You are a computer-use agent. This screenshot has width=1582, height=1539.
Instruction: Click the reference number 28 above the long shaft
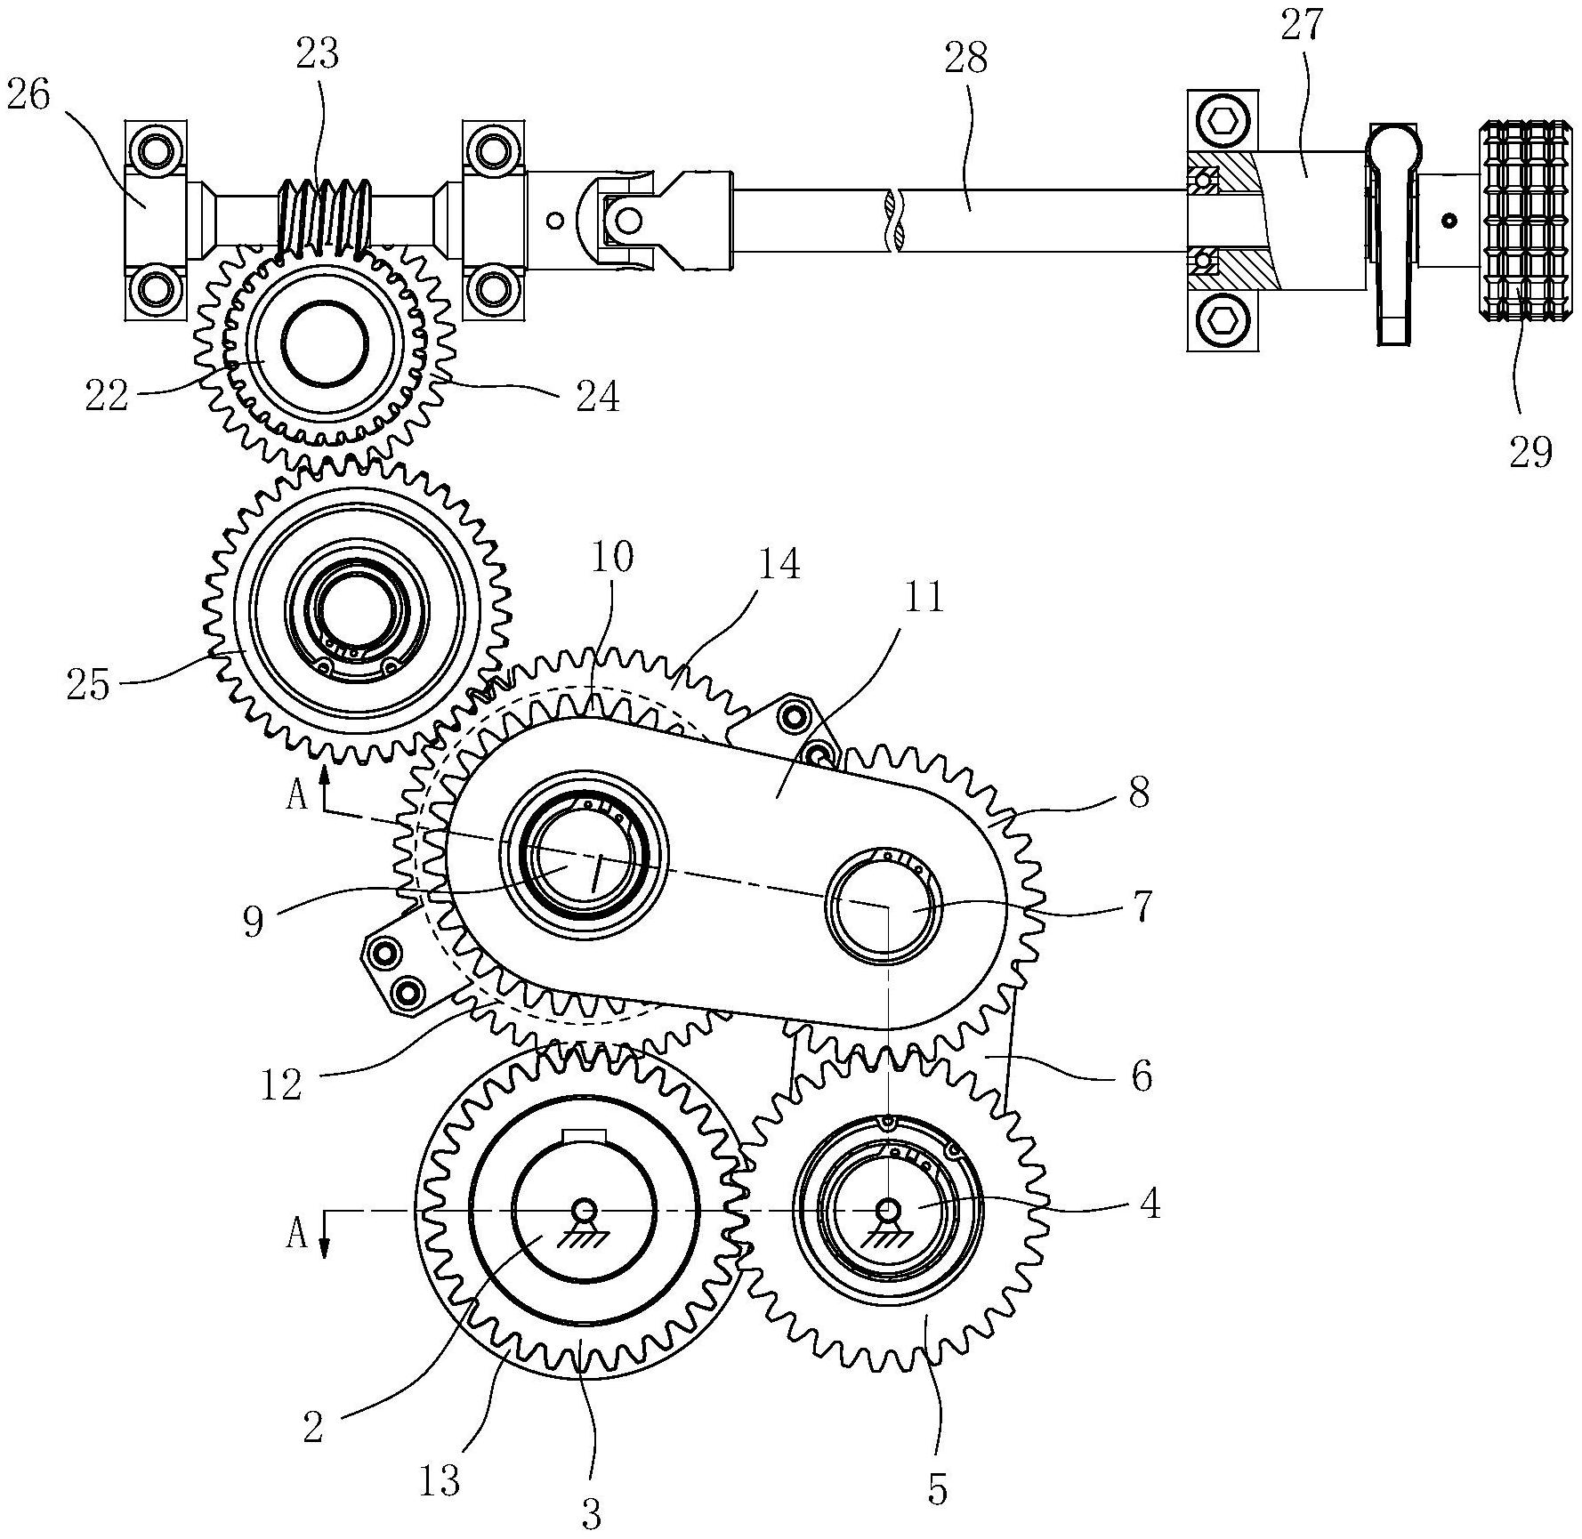967,59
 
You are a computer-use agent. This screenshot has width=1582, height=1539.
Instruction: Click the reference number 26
28,95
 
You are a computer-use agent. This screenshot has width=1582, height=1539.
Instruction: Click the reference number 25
88,685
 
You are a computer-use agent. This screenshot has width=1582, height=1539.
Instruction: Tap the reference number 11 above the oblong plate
923,597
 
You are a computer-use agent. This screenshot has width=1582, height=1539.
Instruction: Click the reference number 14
779,564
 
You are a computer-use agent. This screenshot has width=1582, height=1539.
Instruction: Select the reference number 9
254,923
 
